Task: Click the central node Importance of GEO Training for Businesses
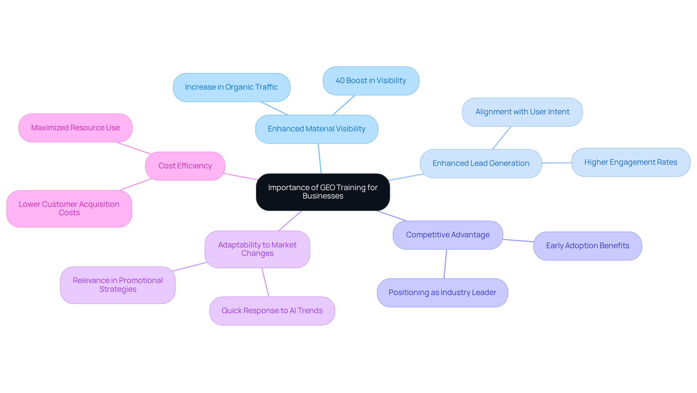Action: pyautogui.click(x=323, y=192)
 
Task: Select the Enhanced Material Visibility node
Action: pyautogui.click(x=317, y=129)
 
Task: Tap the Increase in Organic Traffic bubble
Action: pyautogui.click(x=232, y=87)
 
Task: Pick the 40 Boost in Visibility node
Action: pyautogui.click(x=371, y=81)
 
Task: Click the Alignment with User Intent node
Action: pyautogui.click(x=522, y=112)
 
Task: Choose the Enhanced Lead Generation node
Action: pyautogui.click(x=481, y=164)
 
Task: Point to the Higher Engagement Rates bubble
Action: pyautogui.click(x=631, y=163)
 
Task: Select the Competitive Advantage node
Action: pyautogui.click(x=448, y=235)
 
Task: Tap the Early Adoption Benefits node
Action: pyautogui.click(x=587, y=246)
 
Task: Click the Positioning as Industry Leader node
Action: pyautogui.click(x=442, y=293)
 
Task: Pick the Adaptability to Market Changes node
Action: pyautogui.click(x=257, y=249)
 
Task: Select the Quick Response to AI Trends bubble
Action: pyautogui.click(x=272, y=311)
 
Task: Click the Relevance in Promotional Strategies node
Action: pyautogui.click(x=118, y=285)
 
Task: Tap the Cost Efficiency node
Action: pyautogui.click(x=185, y=166)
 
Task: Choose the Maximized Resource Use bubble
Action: pyautogui.click(x=76, y=128)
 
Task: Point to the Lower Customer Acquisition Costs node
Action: pyautogui.click(x=69, y=209)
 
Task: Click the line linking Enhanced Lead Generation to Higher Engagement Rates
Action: pyautogui.click(x=557, y=163)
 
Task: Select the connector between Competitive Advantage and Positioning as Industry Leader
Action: pyautogui.click(x=445, y=264)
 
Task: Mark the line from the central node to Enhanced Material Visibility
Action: pyautogui.click(x=320, y=159)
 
